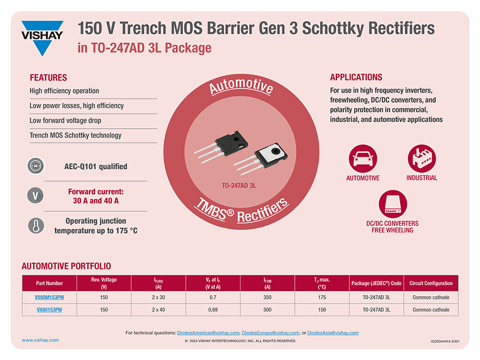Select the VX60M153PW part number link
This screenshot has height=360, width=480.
(50, 297)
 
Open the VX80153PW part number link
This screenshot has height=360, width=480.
(50, 310)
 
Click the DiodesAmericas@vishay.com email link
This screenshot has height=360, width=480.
(208, 333)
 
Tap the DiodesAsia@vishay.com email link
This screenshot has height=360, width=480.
(333, 333)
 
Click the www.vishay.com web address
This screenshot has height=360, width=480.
(40, 340)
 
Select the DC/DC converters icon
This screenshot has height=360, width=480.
(392, 204)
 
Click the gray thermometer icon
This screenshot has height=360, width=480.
(35, 226)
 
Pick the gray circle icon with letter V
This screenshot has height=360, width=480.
(35, 196)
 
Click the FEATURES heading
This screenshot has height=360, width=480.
(48, 77)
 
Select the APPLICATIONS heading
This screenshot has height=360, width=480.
(356, 77)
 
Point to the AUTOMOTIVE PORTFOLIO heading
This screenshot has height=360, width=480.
(66, 266)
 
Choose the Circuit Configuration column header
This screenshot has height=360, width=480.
(431, 283)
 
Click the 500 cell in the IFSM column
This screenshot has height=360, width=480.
(267, 310)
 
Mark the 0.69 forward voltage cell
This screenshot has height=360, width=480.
(212, 310)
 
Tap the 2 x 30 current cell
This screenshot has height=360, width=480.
(158, 297)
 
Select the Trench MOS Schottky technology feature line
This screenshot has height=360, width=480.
(75, 136)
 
